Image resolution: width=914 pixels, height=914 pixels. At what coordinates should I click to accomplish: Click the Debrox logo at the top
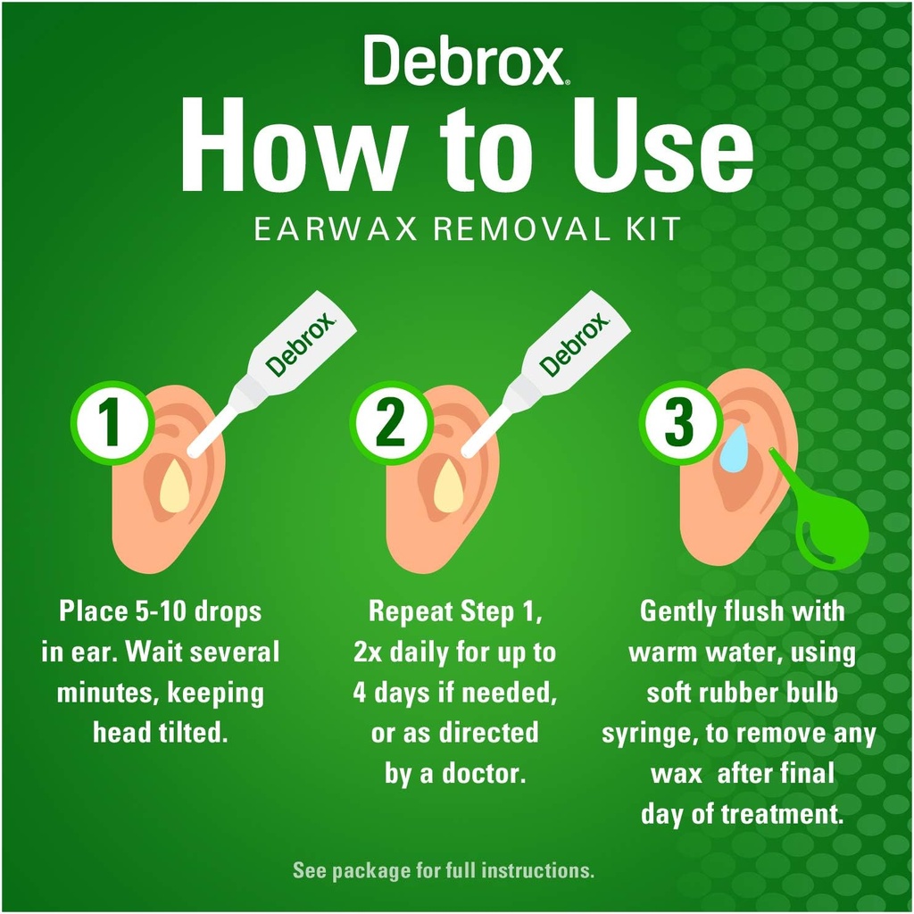463,61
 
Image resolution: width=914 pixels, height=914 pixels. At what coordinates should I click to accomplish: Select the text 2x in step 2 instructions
369,652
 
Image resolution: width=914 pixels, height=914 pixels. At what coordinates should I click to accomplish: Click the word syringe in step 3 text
646,734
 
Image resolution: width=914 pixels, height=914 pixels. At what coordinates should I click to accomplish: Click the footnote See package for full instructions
443,869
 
